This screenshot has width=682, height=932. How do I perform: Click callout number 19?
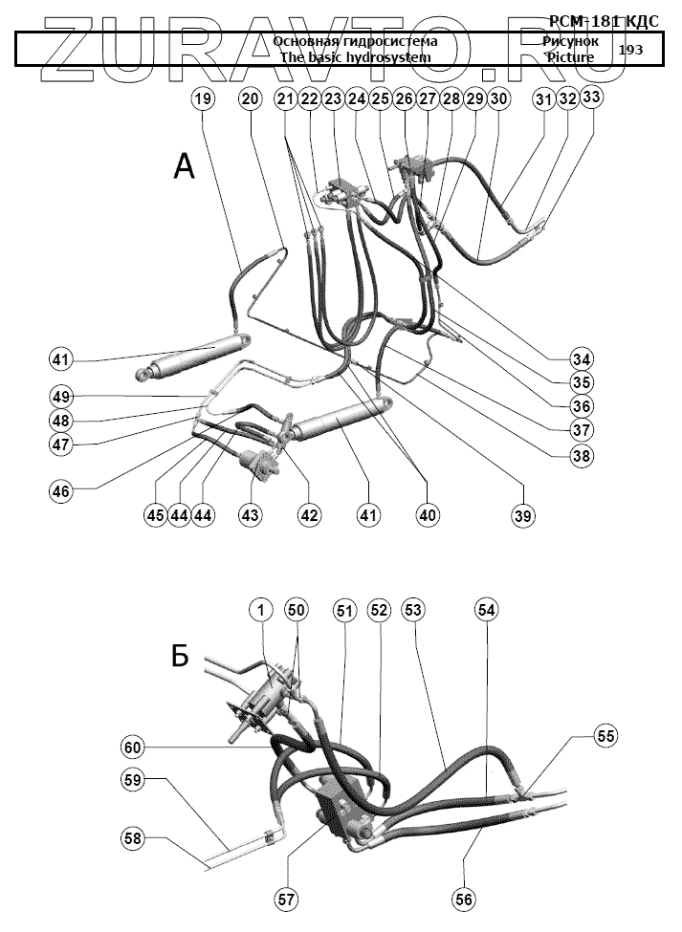coord(202,98)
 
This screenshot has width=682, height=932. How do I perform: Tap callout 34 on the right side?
coord(581,359)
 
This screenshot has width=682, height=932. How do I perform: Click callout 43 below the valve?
coord(250,514)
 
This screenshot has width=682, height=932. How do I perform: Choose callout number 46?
coord(61,491)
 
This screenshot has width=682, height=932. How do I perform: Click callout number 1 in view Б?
coord(260,609)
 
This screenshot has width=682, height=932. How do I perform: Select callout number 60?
coord(133,746)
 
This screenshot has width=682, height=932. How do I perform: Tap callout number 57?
coord(286,899)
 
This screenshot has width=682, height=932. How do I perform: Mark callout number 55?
coord(605,736)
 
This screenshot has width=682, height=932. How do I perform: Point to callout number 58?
coord(133,838)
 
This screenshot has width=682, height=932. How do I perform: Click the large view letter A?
coord(184,167)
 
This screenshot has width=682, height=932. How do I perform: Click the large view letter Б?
coord(182,656)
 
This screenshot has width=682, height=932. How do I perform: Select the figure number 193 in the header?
coord(630,49)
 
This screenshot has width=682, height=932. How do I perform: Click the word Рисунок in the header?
coord(570,41)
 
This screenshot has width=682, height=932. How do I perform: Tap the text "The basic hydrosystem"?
coord(355,57)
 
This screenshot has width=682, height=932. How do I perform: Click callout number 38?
coord(581,456)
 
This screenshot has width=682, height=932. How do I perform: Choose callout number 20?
coord(250,98)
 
